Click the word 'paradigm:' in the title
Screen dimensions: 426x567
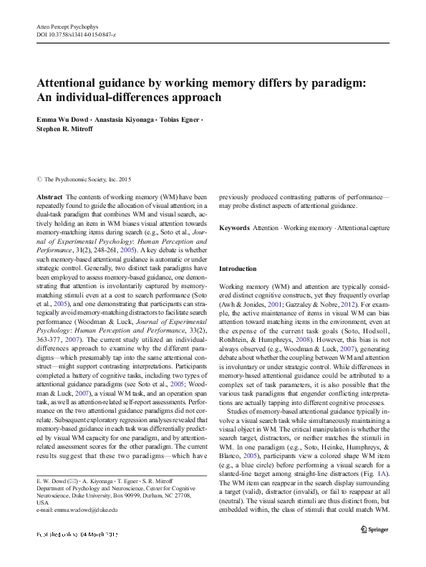[x=357, y=82]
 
